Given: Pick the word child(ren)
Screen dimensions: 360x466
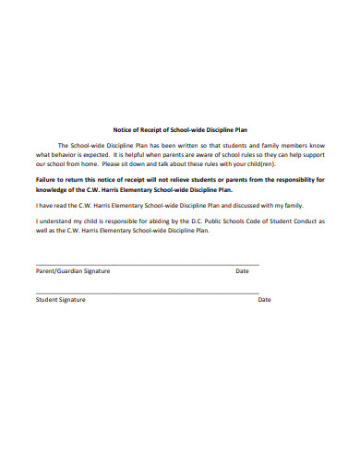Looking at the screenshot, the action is coord(260,164).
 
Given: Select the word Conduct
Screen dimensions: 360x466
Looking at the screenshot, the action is coord(311,221).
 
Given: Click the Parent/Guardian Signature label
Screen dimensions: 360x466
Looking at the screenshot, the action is coord(73,271).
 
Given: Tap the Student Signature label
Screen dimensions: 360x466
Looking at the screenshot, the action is coord(61,300).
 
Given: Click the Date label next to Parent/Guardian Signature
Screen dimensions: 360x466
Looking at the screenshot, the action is coord(243,271).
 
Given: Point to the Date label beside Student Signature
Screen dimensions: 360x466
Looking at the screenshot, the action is coord(264,300).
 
